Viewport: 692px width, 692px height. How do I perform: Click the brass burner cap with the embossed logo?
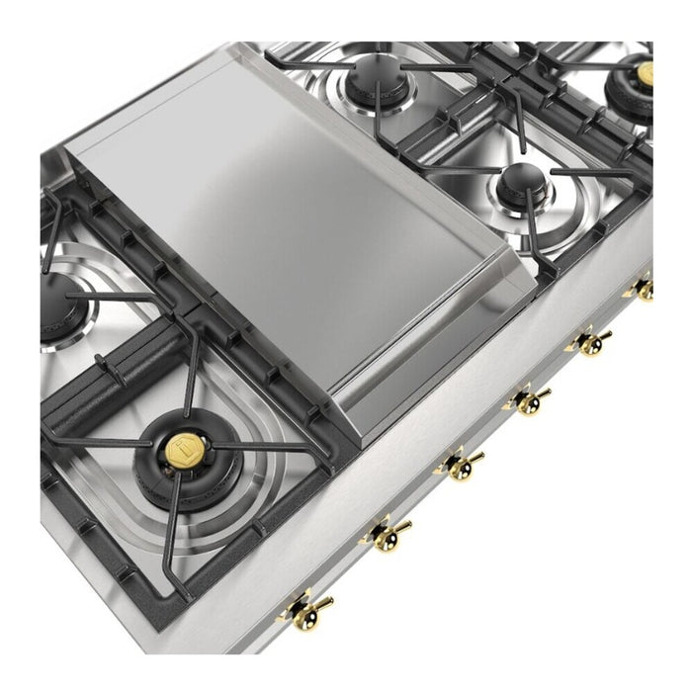pyautogui.click(x=184, y=451)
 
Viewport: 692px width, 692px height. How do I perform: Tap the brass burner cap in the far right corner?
pyautogui.click(x=644, y=73)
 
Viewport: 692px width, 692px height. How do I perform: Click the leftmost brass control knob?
pyautogui.click(x=303, y=608)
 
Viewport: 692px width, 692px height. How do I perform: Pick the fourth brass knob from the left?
pyautogui.click(x=529, y=400)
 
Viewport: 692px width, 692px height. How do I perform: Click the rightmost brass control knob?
pyautogui.click(x=644, y=290)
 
